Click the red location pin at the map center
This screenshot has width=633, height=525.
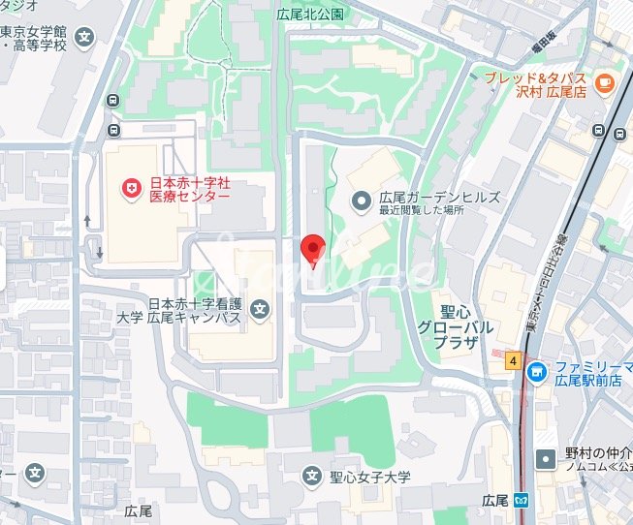(x=312, y=248)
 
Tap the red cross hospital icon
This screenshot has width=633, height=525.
(x=127, y=188)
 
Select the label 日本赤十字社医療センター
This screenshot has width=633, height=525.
(x=189, y=189)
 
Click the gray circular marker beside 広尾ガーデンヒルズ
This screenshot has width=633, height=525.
(x=361, y=201)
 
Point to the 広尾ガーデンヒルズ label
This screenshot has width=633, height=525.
(x=439, y=197)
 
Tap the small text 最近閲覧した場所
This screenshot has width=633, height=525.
(x=422, y=210)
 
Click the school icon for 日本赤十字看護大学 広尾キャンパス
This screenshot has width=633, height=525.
(x=260, y=310)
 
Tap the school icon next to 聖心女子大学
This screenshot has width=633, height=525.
(x=312, y=476)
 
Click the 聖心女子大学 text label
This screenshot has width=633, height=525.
(x=370, y=477)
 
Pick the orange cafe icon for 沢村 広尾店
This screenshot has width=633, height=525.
(x=606, y=83)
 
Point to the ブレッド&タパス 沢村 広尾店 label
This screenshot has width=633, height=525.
(x=536, y=84)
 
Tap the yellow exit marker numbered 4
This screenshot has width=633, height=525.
(x=512, y=360)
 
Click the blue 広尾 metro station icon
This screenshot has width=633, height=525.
(x=521, y=502)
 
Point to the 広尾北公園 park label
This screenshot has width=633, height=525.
(x=310, y=15)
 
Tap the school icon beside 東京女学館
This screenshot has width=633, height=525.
(x=85, y=39)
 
